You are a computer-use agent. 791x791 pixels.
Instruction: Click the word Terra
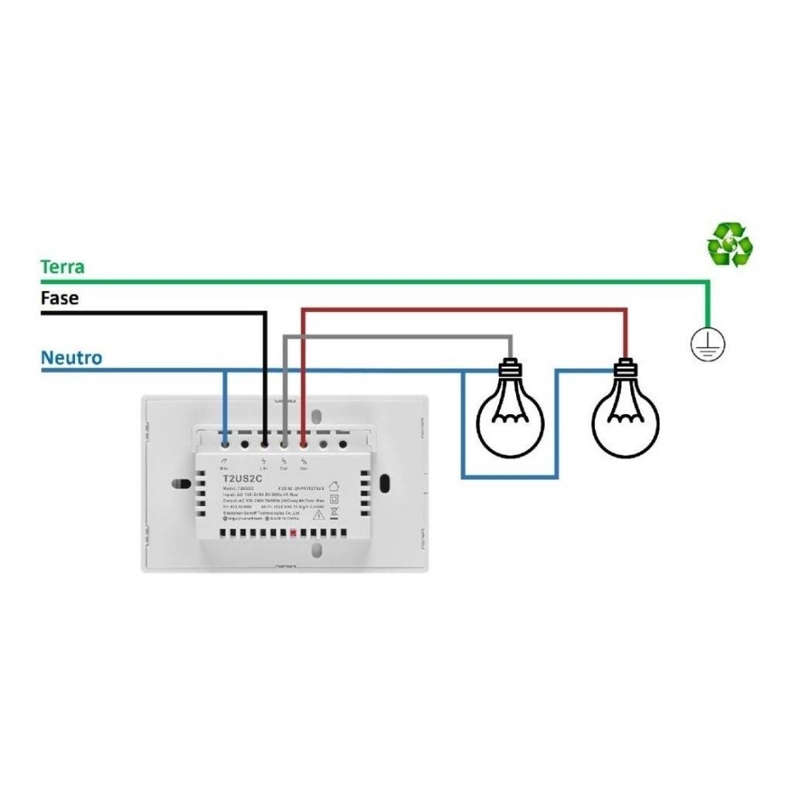click(x=63, y=267)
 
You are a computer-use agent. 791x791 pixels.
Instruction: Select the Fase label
click(x=59, y=297)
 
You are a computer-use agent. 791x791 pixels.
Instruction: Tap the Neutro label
click(x=71, y=358)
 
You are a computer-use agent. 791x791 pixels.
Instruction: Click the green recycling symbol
click(x=729, y=245)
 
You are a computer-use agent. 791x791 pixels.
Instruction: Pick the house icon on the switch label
click(x=334, y=487)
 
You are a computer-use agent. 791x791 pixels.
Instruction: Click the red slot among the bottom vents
click(x=294, y=534)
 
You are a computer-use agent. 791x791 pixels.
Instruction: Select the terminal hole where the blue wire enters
click(x=224, y=443)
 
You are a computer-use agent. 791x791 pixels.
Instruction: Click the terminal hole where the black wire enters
click(x=264, y=443)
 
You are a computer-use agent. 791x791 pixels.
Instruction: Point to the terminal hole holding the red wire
click(x=303, y=443)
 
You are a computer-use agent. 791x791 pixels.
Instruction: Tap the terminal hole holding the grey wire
click(x=283, y=443)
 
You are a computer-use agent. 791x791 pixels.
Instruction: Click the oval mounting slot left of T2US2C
click(x=182, y=484)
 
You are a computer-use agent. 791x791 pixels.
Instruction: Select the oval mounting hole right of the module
click(x=385, y=486)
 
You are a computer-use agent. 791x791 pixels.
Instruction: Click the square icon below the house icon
click(x=334, y=500)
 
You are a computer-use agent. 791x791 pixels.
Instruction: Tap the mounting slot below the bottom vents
click(x=315, y=549)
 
